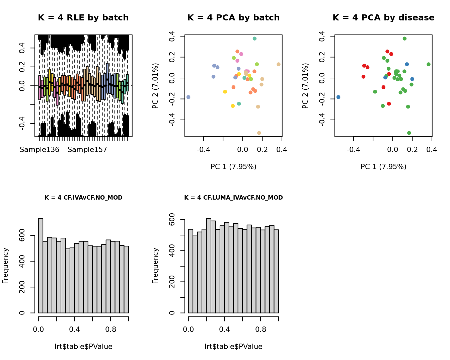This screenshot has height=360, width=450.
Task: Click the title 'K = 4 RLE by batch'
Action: (83, 18)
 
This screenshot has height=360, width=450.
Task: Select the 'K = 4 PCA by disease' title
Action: (383, 18)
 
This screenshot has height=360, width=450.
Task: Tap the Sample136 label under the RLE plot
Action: (40, 150)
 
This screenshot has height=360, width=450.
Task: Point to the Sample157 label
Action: (87, 150)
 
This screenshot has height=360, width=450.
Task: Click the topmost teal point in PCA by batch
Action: (254, 39)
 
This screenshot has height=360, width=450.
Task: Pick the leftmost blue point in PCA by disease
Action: (338, 97)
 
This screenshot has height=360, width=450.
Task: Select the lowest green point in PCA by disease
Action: (409, 133)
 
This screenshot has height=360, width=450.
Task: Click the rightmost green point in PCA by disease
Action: (429, 64)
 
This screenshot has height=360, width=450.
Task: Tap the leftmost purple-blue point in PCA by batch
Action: (188, 97)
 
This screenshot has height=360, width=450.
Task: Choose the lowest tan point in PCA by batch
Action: (259, 133)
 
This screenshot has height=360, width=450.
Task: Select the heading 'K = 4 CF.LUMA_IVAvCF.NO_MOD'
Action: (233, 198)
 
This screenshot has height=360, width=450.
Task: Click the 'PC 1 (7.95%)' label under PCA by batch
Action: (233, 166)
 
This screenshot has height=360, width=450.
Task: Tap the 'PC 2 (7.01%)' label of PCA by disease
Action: (305, 86)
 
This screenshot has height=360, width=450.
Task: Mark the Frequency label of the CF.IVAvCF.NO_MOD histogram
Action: (5, 266)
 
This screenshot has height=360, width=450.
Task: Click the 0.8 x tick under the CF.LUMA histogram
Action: (260, 330)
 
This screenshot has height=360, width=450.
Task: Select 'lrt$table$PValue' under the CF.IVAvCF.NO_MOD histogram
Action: (83, 347)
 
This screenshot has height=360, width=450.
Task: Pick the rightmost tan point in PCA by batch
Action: (279, 64)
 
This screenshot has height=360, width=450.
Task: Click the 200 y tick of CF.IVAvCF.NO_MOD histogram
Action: (22, 287)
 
